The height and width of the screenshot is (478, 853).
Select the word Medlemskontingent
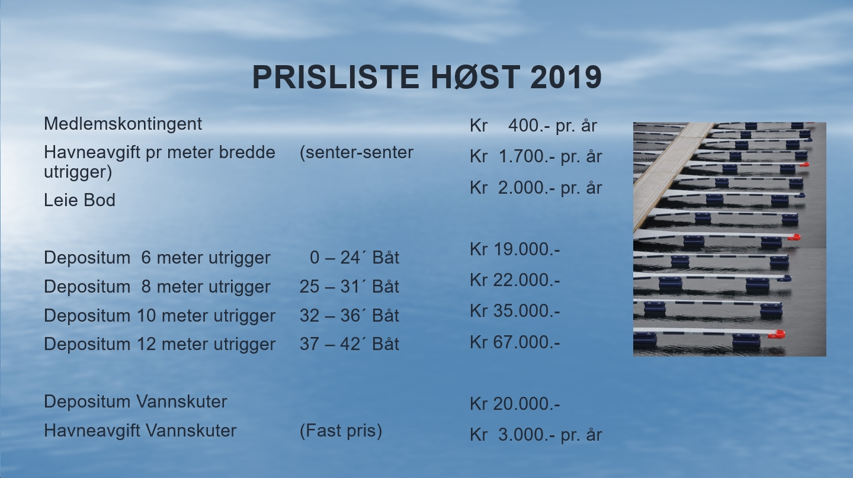[123, 124]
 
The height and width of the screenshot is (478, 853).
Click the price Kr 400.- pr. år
[534, 126]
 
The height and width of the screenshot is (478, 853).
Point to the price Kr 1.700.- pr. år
[535, 156]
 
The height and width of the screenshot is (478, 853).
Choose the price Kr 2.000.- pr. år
[535, 188]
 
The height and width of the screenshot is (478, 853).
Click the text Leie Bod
[79, 200]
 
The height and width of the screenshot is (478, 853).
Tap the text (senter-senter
[357, 153]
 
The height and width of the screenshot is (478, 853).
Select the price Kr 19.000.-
[515, 249]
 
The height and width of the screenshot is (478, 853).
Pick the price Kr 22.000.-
[515, 280]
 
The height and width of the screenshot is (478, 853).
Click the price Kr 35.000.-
[515, 311]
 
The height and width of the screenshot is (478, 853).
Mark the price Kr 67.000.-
[515, 342]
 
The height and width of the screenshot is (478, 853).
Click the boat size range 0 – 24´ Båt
[354, 258]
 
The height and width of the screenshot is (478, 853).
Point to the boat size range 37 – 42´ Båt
[349, 344]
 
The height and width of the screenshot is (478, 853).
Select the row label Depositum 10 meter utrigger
[159, 316]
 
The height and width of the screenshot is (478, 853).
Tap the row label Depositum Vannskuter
[136, 402]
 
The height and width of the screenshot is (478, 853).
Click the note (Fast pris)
[341, 431]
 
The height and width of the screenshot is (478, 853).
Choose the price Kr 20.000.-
[515, 404]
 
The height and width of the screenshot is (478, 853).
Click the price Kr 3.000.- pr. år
[535, 435]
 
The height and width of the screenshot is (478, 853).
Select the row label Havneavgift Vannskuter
[140, 431]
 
